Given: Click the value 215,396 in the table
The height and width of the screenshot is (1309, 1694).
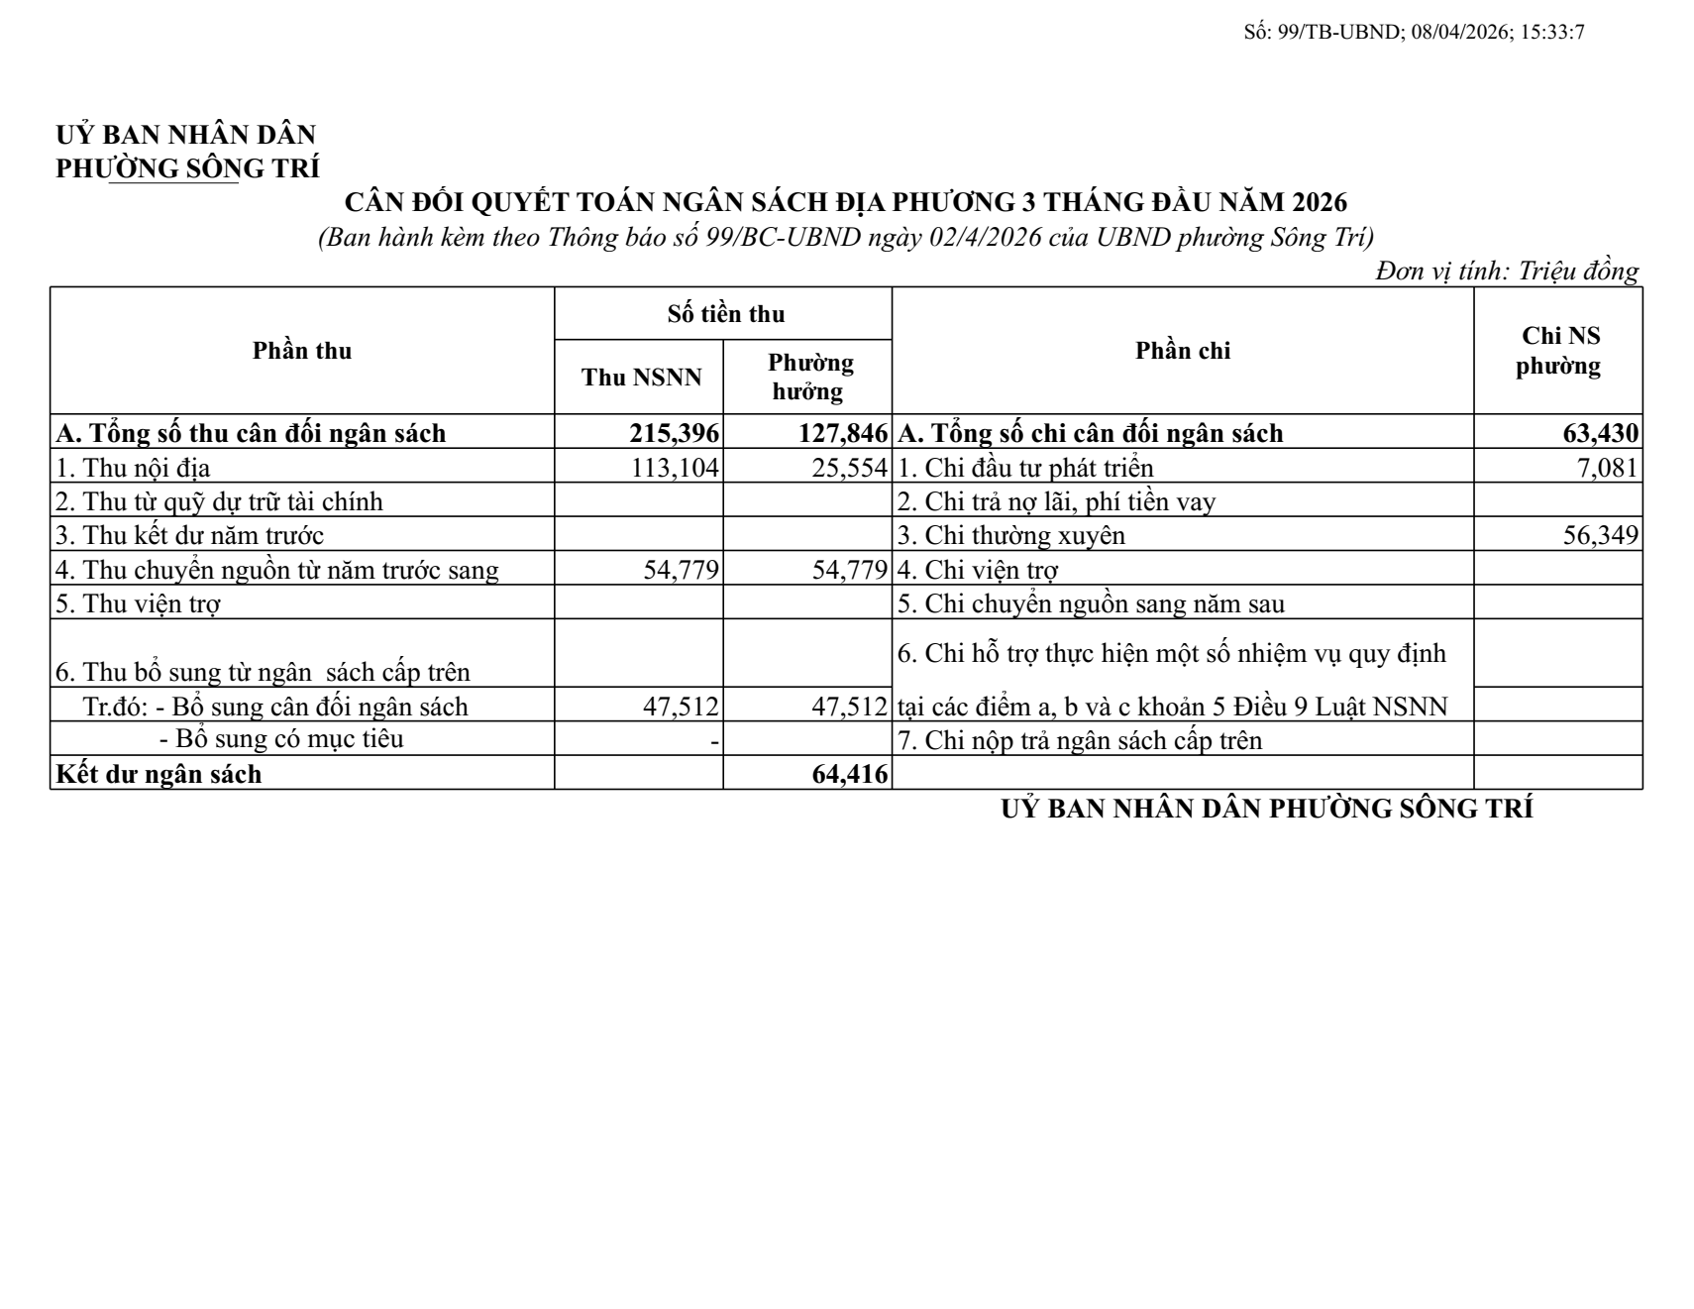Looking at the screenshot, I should coord(674,433).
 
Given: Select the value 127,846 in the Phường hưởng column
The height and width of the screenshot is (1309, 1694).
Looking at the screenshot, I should coord(843,433).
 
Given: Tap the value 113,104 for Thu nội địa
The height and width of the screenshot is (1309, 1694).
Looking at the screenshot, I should coord(675,467).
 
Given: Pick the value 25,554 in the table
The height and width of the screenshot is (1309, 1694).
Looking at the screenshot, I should coord(849,467).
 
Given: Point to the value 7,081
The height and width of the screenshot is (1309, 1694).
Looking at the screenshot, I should coord(1607,467).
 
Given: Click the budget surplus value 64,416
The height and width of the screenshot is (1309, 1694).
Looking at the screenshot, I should coord(849,774).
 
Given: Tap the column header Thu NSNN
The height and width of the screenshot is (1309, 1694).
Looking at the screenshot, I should coord(641,378).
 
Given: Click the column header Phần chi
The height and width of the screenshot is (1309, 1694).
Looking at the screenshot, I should coord(1183,351).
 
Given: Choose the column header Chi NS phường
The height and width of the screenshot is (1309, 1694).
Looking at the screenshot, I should coord(1559,351).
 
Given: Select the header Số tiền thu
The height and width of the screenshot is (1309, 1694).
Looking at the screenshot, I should coord(725,314).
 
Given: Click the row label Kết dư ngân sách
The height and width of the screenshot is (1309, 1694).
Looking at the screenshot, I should coord(159,774).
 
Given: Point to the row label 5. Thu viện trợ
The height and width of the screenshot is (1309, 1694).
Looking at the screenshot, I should coord(138,603).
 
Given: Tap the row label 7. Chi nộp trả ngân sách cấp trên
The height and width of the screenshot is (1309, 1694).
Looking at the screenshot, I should coord(1080,740).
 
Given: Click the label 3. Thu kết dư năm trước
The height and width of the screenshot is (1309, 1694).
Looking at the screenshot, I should coord(189,535).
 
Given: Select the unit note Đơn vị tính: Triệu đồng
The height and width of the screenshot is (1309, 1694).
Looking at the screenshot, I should coord(1506,271).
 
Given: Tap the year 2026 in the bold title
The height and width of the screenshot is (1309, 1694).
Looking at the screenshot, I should coord(1320,202).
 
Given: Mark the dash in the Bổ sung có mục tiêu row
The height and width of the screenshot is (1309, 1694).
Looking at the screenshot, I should coord(714,740).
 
